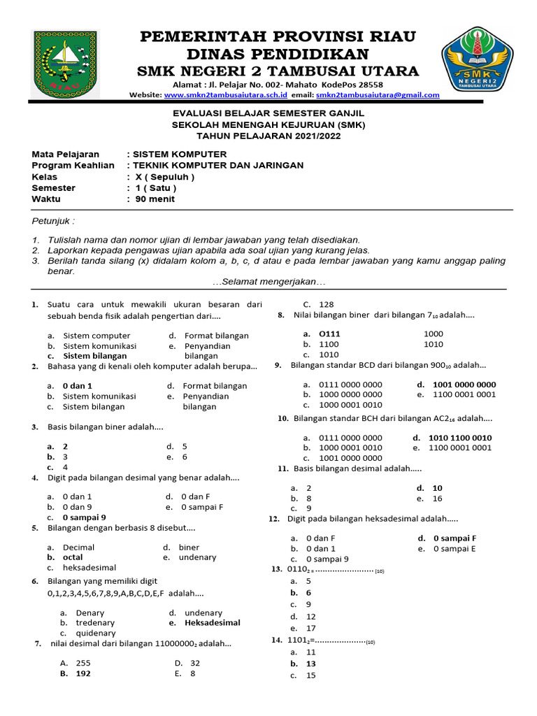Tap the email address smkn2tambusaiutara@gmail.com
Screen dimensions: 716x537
(x=378, y=95)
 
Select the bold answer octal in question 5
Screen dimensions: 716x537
(x=73, y=558)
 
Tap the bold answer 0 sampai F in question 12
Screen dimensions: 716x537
(x=454, y=538)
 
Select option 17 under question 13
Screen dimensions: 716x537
(x=311, y=628)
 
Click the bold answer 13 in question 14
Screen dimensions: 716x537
(x=311, y=664)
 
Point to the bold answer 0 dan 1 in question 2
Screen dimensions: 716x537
(x=77, y=386)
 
